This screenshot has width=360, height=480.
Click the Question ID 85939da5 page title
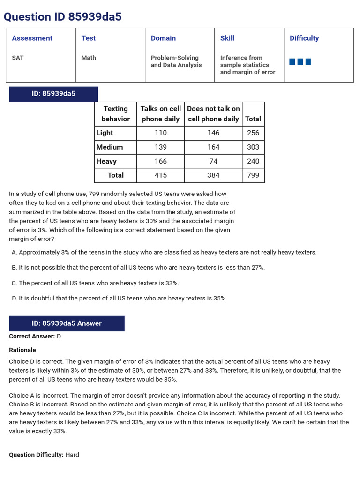[62, 17]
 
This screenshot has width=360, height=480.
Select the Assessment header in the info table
[32, 38]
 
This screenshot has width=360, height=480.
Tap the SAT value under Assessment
[18, 58]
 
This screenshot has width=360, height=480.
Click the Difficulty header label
[304, 38]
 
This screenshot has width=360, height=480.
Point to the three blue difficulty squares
[300, 62]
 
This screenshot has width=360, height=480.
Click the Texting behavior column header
[115, 114]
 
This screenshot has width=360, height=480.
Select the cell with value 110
[160, 133]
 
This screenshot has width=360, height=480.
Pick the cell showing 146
[213, 133]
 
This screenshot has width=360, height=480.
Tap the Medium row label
[110, 147]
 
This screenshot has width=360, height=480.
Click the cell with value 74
[213, 161]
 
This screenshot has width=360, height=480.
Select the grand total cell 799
[253, 175]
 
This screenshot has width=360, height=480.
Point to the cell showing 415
[160, 175]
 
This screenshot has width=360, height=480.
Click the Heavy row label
[106, 161]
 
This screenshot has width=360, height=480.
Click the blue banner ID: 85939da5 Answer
[67, 323]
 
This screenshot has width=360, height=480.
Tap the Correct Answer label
[32, 337]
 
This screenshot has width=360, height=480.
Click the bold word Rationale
[22, 350]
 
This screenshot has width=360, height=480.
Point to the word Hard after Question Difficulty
[72, 455]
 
